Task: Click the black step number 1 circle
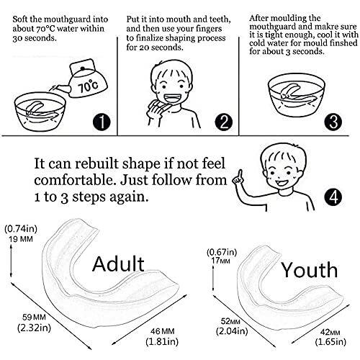pos(102,122)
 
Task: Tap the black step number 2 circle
pos(224,122)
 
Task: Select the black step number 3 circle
pos(333,122)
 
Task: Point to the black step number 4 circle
pos(333,197)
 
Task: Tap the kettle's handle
pos(82,66)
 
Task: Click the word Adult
pos(118,264)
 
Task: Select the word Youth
pos(310,270)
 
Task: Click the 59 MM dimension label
pos(34,317)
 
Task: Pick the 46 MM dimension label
pos(162,331)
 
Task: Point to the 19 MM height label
pos(21,239)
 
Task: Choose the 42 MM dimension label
pos(330,332)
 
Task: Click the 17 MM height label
pos(220,261)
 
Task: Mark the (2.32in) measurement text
pos(35,328)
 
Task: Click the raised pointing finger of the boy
pos(239,174)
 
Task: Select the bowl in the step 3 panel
pos(297,95)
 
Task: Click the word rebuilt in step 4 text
pos(96,163)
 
